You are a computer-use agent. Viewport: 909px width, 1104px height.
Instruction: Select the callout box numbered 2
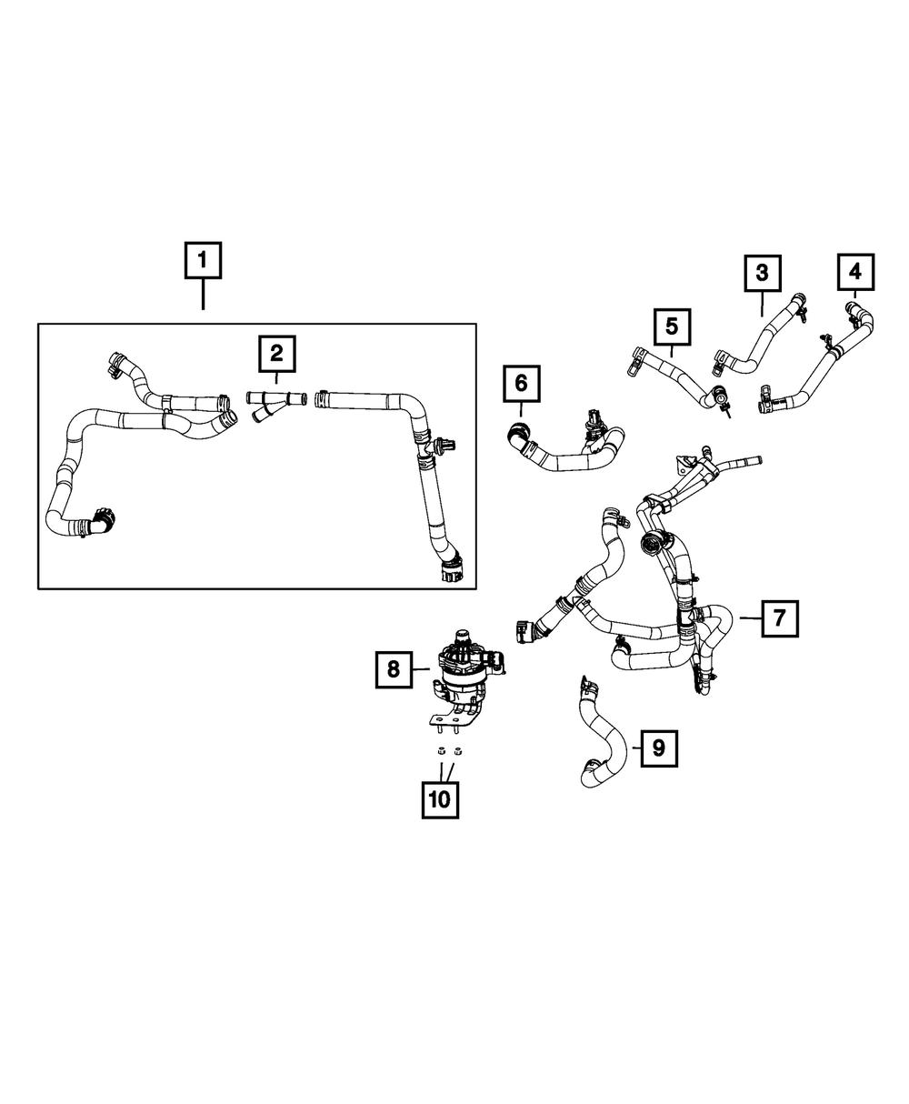(276, 353)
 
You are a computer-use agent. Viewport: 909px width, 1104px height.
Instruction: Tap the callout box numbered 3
(762, 272)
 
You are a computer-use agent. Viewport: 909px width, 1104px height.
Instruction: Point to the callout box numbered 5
(672, 326)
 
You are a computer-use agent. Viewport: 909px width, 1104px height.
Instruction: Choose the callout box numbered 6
(521, 383)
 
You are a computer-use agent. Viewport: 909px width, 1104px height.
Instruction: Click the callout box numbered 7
(780, 618)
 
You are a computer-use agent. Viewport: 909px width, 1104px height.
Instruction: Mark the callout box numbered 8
(394, 670)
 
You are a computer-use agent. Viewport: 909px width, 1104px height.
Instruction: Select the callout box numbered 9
(659, 748)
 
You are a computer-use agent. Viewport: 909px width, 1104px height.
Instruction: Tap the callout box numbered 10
(440, 799)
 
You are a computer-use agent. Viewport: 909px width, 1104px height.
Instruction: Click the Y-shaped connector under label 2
(271, 402)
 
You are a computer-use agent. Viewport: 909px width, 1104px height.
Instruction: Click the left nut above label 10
(436, 751)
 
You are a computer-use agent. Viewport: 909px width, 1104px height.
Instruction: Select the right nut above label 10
(457, 751)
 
